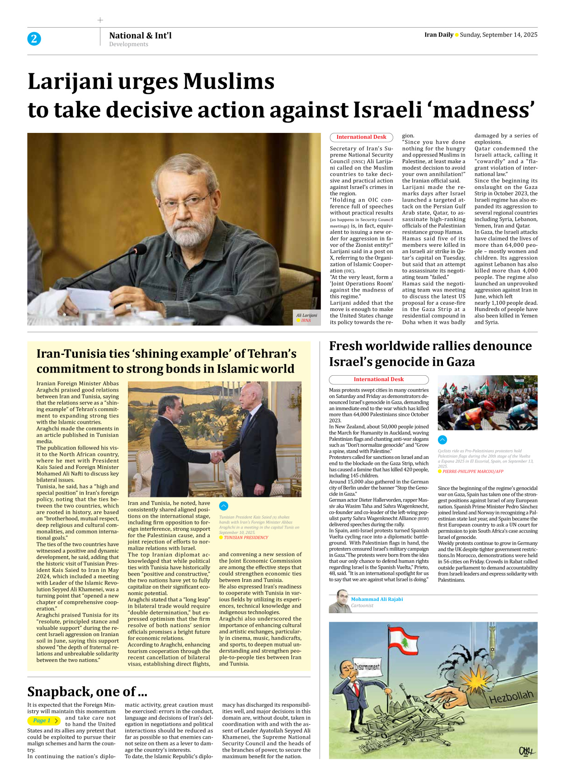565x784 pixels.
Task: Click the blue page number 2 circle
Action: point(34,39)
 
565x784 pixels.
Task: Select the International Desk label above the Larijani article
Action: point(361,137)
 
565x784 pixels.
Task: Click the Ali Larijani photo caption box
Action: point(306,317)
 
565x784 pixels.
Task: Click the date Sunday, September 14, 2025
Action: point(498,35)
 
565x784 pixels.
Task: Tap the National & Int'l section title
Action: point(140,35)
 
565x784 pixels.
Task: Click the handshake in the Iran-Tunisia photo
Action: point(217,457)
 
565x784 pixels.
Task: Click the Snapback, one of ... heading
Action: point(87,692)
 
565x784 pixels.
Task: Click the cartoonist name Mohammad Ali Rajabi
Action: point(377,599)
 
